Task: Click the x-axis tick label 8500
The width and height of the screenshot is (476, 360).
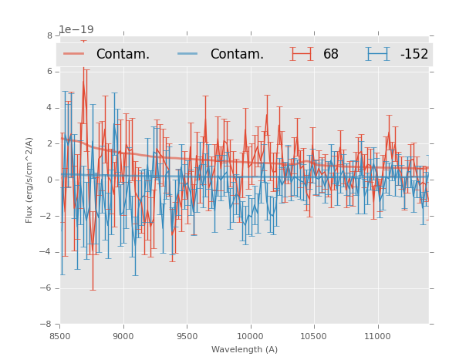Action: coord(59,336)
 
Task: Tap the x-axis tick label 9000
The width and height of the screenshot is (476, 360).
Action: coord(123,336)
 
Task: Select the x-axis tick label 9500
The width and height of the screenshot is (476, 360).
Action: coord(187,336)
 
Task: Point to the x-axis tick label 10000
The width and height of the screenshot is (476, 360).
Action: coord(250,336)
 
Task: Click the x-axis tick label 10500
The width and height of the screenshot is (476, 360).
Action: coord(313,336)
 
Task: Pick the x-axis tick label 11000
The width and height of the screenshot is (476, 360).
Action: coord(377,336)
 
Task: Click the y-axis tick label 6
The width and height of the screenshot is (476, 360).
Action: coord(49,72)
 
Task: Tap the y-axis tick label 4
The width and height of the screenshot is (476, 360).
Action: coord(49,108)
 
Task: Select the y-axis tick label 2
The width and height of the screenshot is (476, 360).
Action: coord(49,144)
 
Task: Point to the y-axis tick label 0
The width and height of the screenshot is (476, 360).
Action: coord(49,180)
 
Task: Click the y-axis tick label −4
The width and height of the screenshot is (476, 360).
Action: coord(47,252)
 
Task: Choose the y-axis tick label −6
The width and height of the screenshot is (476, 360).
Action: coord(47,288)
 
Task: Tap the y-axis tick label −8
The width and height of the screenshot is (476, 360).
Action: coord(47,325)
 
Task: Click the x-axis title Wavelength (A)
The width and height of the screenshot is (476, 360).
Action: coord(244,349)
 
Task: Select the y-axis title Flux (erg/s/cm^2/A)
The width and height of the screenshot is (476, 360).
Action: coord(29,180)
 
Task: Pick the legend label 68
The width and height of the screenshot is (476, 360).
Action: coord(331,55)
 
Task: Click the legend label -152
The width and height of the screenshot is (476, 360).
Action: coord(414,55)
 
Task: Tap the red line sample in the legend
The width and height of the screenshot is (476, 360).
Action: coord(75,54)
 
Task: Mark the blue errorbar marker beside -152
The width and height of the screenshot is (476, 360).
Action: coord(378,54)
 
